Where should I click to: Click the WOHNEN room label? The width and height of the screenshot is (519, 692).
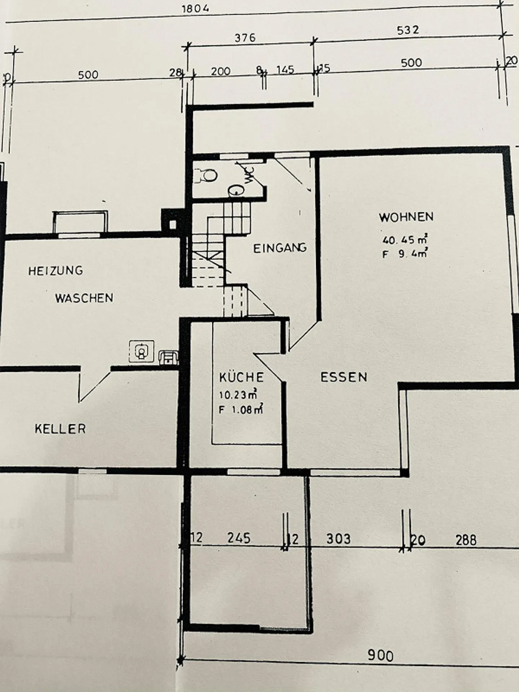pos(406,217)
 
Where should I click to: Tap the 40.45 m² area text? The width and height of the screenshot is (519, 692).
pos(405,239)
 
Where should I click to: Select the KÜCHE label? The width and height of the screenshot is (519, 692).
pos(241,377)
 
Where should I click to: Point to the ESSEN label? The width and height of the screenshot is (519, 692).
pos(344,377)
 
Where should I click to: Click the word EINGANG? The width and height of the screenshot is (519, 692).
pos(280,248)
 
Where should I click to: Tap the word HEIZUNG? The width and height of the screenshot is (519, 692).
pos(56,271)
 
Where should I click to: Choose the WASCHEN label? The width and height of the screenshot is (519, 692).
pos(84,298)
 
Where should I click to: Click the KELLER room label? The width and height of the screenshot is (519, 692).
pos(60,429)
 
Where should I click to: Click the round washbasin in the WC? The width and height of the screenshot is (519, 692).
pos(236,190)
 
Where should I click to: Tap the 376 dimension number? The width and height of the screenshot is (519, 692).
pos(245,37)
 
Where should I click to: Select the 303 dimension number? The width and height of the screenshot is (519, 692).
pos(338,539)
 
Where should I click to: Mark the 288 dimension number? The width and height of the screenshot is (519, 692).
pos(466,540)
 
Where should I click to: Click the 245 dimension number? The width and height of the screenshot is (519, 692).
pos(239,538)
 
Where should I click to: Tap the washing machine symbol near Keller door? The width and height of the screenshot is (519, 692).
pos(142,351)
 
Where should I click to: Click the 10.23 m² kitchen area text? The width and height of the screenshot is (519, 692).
pos(238,395)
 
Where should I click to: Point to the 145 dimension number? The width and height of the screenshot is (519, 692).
pos(285,70)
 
